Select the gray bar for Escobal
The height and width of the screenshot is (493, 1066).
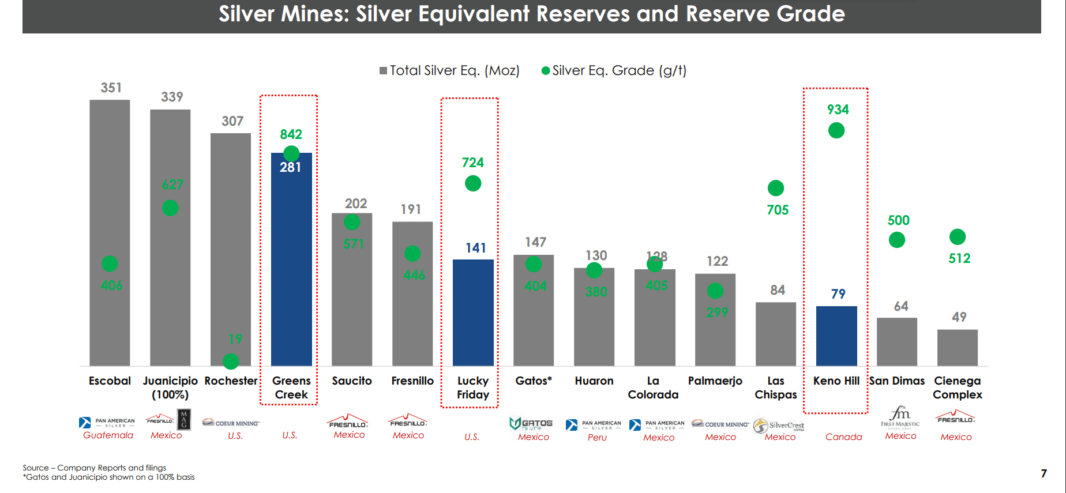(x=110, y=231)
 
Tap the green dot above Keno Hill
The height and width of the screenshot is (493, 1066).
(x=836, y=131)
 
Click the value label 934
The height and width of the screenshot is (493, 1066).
(x=838, y=110)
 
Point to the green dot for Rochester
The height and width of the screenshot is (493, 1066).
(x=231, y=362)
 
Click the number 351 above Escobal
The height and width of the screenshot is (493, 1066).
(x=111, y=88)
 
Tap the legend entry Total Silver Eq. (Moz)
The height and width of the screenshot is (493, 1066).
(x=449, y=70)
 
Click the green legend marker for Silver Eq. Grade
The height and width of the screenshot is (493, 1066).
(x=545, y=71)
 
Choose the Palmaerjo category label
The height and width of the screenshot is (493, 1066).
(x=715, y=381)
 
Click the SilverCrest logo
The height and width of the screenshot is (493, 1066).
(x=779, y=426)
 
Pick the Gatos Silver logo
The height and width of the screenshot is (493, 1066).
(x=531, y=424)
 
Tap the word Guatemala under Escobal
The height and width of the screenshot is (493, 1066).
(x=108, y=435)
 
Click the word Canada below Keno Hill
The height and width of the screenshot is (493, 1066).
(x=843, y=437)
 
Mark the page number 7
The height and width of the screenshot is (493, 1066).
(x=1044, y=473)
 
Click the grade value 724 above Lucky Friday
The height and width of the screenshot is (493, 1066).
(x=472, y=163)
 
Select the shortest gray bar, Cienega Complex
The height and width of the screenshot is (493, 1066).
(x=957, y=348)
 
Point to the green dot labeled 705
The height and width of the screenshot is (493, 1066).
(x=775, y=188)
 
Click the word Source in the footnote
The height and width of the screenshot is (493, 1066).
(x=35, y=468)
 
